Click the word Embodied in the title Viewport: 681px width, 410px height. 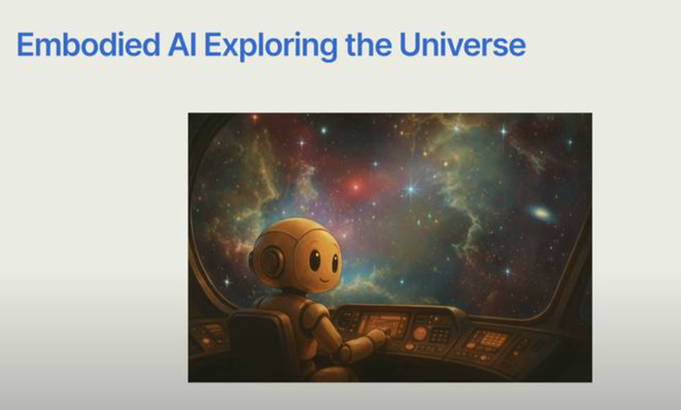[89, 44]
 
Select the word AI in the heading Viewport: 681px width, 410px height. [182, 44]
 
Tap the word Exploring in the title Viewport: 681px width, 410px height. [271, 46]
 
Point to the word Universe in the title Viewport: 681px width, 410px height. [463, 44]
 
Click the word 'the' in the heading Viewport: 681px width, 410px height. [369, 44]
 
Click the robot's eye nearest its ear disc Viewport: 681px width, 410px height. [315, 260]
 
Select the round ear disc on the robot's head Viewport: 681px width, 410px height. [272, 261]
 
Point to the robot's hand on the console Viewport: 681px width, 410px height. [377, 337]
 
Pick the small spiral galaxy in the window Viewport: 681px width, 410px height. [540, 213]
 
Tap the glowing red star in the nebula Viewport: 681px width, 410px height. [356, 188]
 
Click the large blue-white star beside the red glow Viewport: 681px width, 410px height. [411, 189]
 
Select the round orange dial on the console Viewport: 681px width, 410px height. [419, 334]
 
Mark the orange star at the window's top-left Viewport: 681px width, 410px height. [255, 117]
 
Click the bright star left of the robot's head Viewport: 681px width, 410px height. [227, 282]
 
